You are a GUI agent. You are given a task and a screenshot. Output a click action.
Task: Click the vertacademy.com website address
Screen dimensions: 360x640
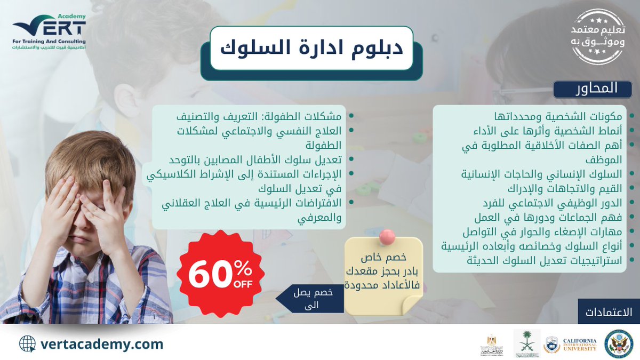pos(102,344)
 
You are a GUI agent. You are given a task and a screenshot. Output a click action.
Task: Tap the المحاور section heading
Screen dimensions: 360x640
pos(593,89)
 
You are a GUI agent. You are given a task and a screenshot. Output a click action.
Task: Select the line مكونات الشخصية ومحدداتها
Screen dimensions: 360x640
pos(565,117)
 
